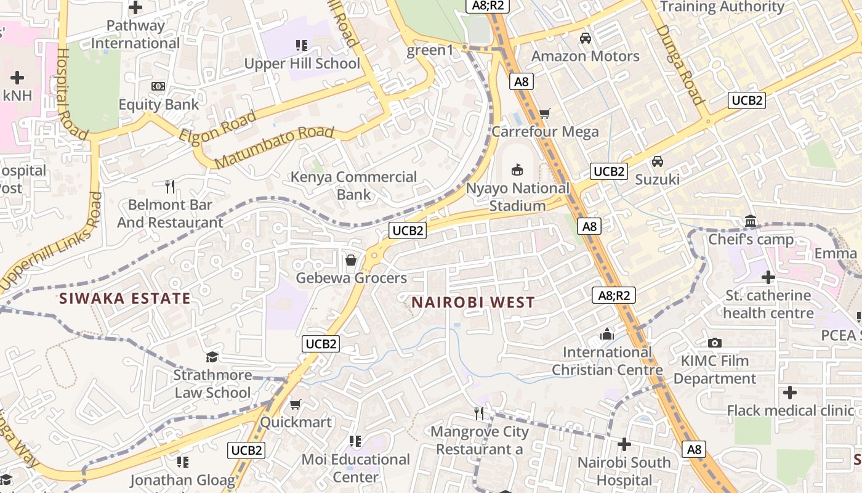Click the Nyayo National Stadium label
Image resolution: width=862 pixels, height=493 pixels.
518,197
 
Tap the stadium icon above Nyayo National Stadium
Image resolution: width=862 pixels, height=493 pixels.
518,169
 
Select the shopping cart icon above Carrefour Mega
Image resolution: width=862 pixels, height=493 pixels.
544,113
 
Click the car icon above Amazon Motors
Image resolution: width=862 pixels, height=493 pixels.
585,38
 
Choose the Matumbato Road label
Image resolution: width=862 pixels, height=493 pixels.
275,146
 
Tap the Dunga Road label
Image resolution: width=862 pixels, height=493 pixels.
679,64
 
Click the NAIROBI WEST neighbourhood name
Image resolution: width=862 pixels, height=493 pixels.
473,303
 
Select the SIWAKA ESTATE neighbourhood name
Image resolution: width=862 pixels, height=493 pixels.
125,299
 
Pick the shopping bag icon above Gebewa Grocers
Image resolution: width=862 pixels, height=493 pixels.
351,261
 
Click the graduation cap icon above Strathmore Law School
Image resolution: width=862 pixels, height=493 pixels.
212,357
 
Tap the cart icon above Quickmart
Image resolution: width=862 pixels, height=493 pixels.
296,405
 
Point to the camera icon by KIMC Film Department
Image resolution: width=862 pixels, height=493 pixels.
715,343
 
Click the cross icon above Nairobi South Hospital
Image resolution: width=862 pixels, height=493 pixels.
624,444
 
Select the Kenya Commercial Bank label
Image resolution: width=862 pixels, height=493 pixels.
353,185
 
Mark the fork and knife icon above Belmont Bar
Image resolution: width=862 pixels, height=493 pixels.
170,186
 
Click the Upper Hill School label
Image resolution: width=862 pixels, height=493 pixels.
302,63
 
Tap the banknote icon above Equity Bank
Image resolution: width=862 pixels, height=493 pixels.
158,86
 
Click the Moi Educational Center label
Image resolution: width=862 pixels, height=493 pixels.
355,468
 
